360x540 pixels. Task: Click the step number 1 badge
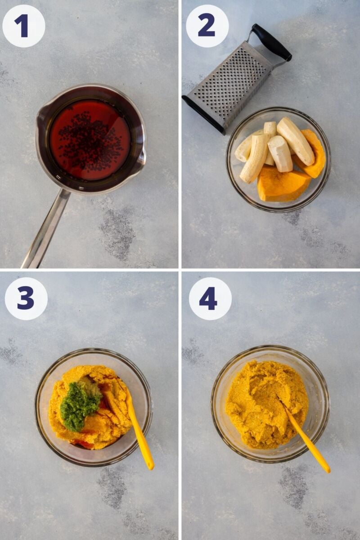point(23,26)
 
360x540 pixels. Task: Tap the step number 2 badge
point(207,26)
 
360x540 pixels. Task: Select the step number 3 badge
point(26,298)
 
